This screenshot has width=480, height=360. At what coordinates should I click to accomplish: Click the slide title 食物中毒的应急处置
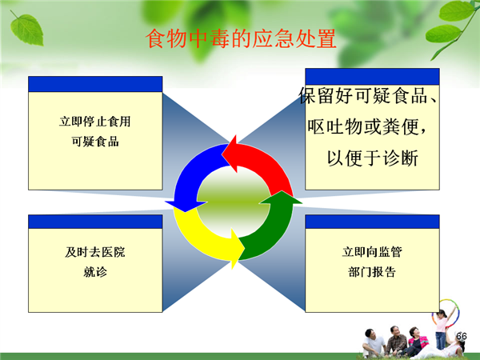click(x=241, y=39)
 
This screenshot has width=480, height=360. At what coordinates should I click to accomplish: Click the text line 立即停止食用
click(x=95, y=122)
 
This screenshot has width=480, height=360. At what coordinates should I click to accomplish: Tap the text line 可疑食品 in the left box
click(x=95, y=142)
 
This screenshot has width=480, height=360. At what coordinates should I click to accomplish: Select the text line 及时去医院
click(x=95, y=252)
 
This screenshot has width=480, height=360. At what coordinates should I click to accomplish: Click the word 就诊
click(x=95, y=272)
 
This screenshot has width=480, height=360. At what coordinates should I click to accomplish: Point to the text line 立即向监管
click(x=372, y=252)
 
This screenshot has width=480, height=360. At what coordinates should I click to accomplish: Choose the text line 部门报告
click(x=372, y=271)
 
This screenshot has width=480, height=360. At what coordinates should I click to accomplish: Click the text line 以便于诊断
click(x=373, y=158)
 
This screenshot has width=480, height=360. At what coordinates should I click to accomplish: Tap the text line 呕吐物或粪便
click(x=366, y=126)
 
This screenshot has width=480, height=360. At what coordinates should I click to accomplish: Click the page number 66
click(x=462, y=336)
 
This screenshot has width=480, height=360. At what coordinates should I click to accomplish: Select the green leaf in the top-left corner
click(x=26, y=29)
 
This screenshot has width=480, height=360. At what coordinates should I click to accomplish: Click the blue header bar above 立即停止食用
click(x=95, y=84)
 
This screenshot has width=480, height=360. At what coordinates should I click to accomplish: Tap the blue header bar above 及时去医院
click(x=95, y=222)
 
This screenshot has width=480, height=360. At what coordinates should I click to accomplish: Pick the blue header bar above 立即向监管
click(x=372, y=222)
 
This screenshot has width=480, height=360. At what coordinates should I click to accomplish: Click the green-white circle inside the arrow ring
click(x=234, y=202)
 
